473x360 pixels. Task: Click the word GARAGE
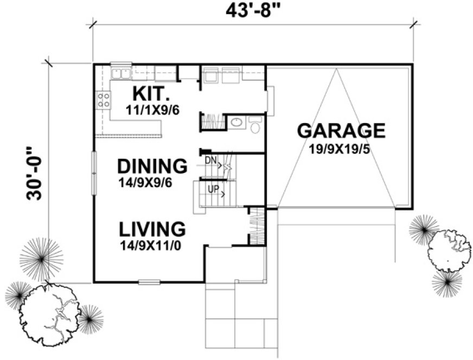tap(341, 131)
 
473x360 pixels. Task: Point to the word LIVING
tap(152, 228)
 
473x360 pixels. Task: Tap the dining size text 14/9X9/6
tap(145, 183)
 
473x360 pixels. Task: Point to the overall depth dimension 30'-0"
tap(34, 173)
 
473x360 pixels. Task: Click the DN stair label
tap(210, 160)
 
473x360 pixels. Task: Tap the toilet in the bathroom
tap(255, 126)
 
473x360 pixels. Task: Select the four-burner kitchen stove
tap(103, 100)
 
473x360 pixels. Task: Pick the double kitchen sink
tap(120, 73)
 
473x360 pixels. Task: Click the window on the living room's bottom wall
tap(149, 282)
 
